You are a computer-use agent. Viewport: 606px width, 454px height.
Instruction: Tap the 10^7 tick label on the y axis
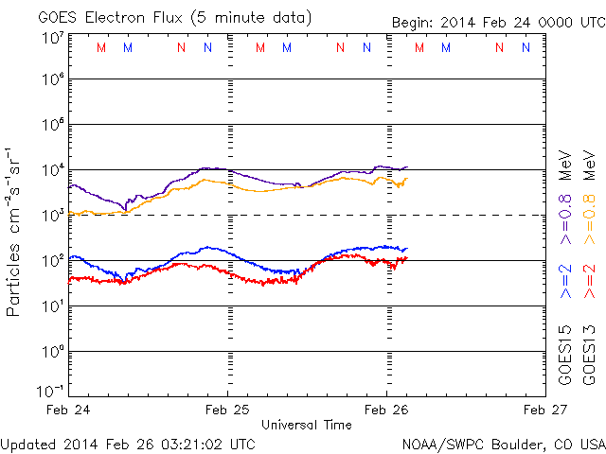click(51, 37)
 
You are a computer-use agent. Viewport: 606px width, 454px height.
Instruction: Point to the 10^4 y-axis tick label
click(51, 170)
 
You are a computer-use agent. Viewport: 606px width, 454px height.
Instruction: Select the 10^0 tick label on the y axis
click(51, 351)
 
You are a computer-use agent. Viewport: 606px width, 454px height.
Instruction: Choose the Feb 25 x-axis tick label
click(227, 410)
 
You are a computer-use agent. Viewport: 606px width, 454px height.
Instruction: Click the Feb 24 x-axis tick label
click(69, 410)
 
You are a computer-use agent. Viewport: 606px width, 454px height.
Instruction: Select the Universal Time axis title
click(307, 425)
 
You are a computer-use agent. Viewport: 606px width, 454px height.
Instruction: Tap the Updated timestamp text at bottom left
click(128, 443)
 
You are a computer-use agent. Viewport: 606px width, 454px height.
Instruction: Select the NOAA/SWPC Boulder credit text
click(503, 443)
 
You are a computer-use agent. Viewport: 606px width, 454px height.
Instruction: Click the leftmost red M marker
click(101, 47)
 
